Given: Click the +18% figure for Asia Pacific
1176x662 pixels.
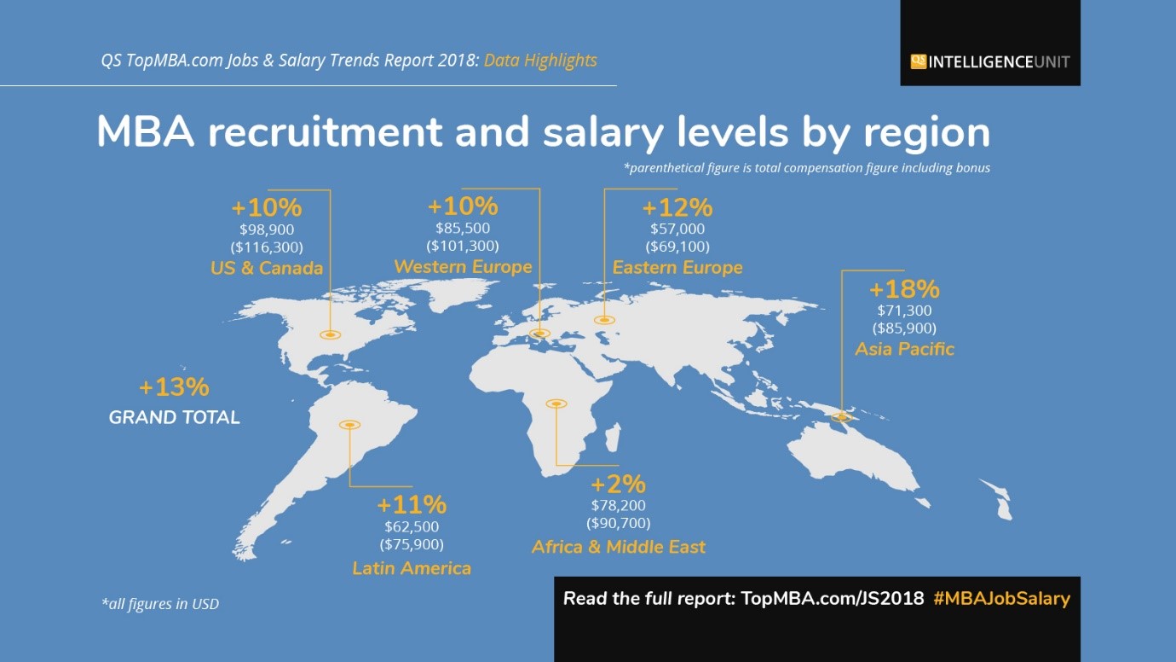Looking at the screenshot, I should click(904, 288).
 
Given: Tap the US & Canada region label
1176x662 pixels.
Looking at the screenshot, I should click(267, 268).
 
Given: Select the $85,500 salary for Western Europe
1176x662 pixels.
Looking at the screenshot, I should click(463, 228).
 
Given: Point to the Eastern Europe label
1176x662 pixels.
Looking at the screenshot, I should click(677, 267).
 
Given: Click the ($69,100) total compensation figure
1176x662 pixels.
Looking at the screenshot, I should click(677, 247).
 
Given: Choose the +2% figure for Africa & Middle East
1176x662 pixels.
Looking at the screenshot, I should click(618, 484).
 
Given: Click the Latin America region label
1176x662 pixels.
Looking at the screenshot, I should click(412, 567).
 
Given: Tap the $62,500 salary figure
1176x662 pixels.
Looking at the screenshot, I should click(412, 526).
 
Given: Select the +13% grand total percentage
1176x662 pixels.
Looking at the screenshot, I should click(174, 386).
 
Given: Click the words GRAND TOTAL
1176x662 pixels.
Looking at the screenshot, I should click(175, 417).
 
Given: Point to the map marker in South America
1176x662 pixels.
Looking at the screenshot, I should click(349, 424).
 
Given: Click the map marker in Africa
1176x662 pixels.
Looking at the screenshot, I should click(556, 403).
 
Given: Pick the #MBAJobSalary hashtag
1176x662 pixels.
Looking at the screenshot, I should click(1001, 598).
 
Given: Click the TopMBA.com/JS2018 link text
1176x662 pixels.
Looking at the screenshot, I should click(833, 598).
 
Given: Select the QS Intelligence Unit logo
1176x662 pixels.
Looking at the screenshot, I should click(989, 61).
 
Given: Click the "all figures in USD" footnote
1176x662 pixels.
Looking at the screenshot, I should click(160, 604).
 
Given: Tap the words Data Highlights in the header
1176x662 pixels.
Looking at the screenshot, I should click(540, 61).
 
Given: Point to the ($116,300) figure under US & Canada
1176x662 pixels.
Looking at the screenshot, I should click(267, 247).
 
